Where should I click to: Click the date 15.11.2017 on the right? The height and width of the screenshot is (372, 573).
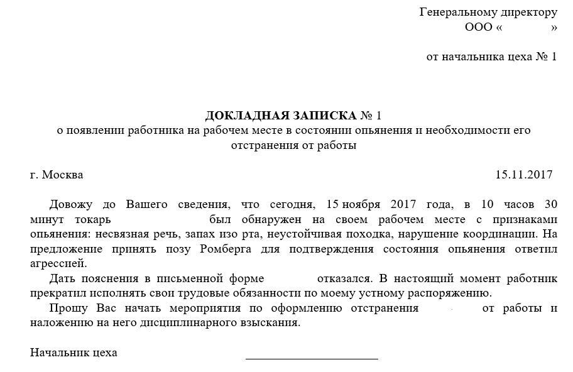(523, 175)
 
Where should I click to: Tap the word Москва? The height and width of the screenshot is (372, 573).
(62, 175)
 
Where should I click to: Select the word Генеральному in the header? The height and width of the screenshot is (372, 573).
(457, 13)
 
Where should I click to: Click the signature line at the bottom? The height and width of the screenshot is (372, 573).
(312, 357)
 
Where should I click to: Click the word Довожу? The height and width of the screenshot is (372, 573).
(70, 205)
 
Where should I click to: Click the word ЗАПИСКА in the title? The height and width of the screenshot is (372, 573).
(322, 116)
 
